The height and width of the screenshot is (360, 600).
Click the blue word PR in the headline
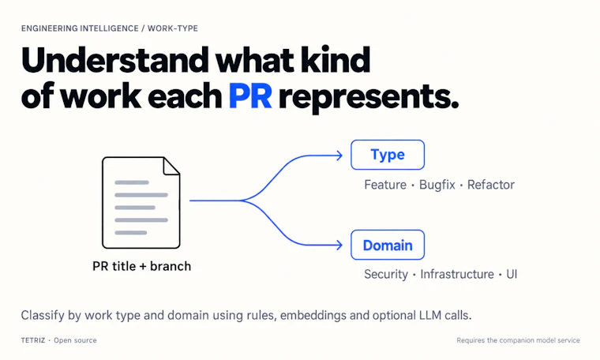(x=250, y=96)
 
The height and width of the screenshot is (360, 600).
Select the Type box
(x=388, y=155)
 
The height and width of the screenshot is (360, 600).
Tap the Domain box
(x=388, y=245)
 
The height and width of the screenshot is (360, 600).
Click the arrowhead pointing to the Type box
(x=339, y=156)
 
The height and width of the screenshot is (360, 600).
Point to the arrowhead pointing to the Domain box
(x=339, y=245)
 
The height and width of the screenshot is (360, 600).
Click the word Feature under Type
(x=385, y=185)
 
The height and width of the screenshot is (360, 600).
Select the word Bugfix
(x=437, y=185)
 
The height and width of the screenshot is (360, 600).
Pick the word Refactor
(x=491, y=185)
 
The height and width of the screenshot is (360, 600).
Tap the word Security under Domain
(x=386, y=274)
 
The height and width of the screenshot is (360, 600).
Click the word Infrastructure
(x=457, y=274)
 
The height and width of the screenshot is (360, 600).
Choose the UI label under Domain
(x=512, y=274)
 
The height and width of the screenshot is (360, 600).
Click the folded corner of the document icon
(x=172, y=166)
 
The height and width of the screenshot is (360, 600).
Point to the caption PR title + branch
(x=141, y=266)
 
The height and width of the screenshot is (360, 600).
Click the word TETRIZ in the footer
(x=33, y=340)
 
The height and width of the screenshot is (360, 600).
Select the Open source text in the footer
(x=75, y=340)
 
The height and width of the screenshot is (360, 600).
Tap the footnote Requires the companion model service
(x=518, y=340)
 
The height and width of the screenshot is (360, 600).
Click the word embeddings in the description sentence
(x=313, y=315)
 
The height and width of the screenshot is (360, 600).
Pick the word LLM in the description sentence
(x=430, y=315)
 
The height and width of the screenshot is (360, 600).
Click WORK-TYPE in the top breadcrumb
(x=173, y=28)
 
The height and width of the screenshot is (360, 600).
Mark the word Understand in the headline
(x=114, y=60)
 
